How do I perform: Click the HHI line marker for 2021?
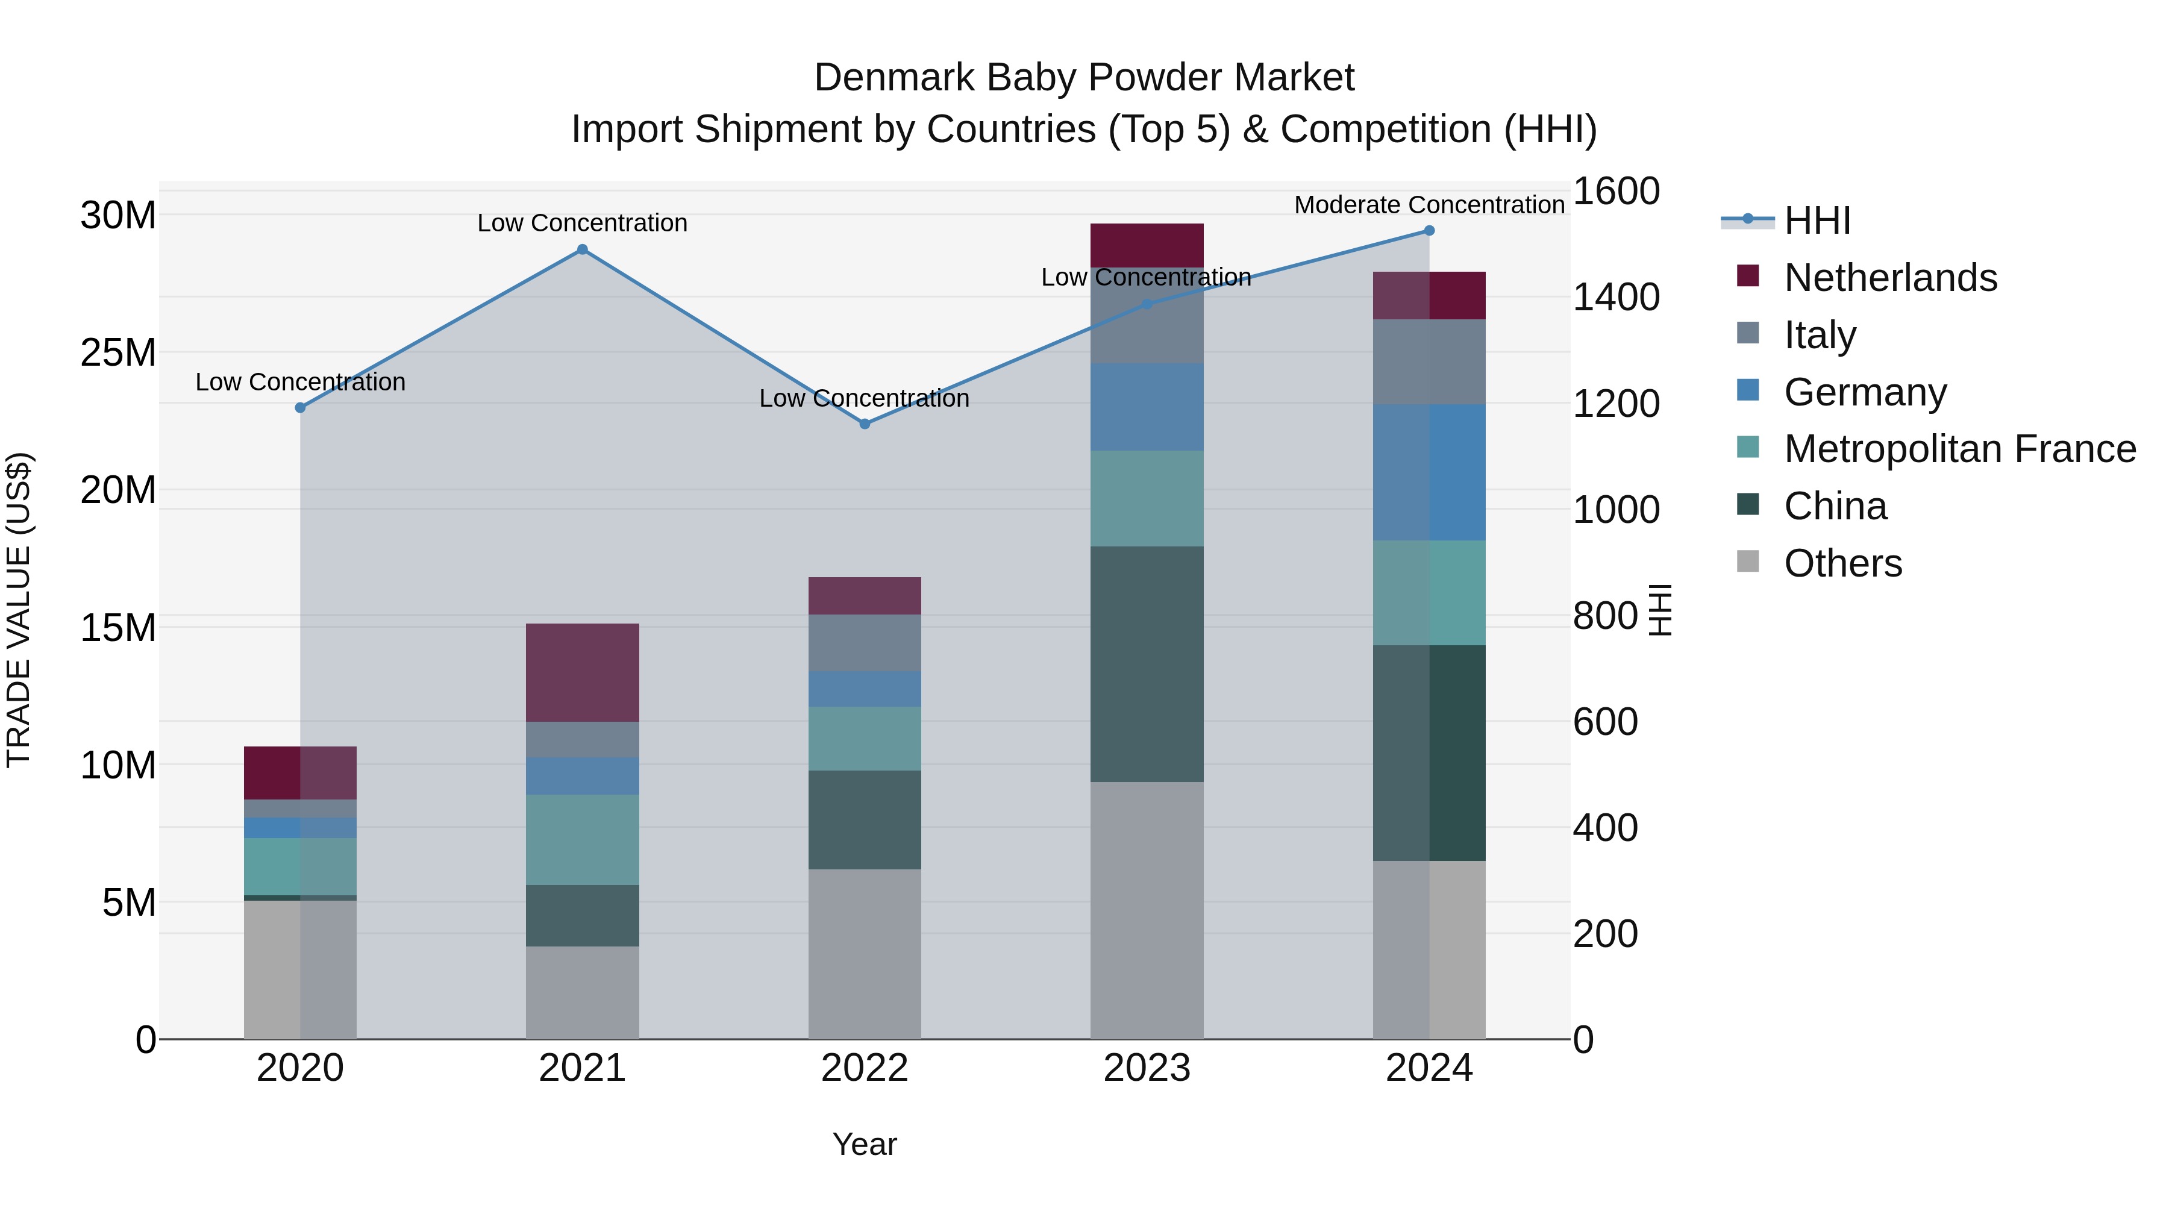582,249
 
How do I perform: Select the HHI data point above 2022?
864,424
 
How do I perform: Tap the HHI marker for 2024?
1429,231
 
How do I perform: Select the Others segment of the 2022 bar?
864,953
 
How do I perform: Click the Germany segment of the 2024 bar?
1429,472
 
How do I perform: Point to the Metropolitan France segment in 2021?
582,839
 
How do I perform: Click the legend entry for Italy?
1819,334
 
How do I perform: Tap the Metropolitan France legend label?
1959,449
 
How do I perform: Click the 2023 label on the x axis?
1146,1068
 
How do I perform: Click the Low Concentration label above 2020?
300,381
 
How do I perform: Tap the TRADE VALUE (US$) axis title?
19,610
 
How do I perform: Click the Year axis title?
864,1144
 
